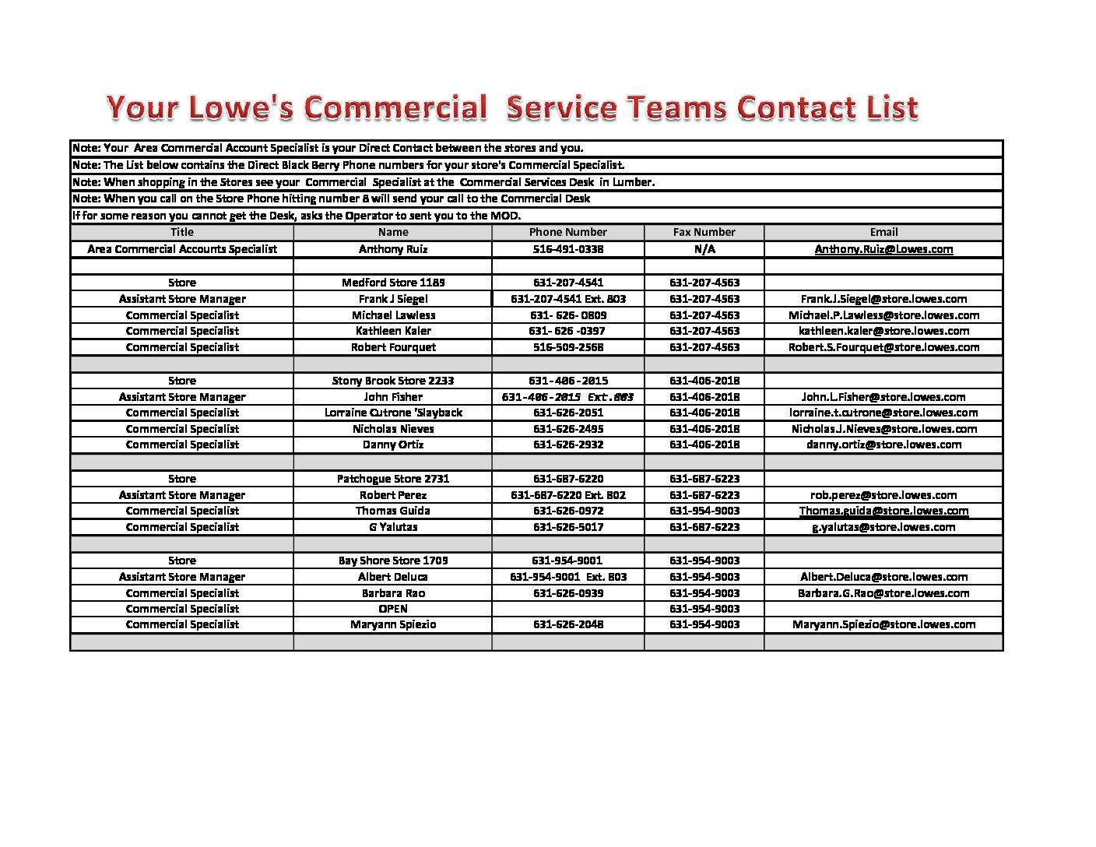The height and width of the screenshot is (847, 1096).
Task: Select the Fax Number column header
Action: (704, 232)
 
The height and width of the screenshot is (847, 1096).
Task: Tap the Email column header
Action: (883, 232)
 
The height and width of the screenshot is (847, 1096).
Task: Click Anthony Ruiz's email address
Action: (883, 249)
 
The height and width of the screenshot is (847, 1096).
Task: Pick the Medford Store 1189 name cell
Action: (393, 283)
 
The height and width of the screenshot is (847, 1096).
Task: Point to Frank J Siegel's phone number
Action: (568, 299)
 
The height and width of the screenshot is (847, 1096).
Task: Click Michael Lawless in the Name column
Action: (393, 315)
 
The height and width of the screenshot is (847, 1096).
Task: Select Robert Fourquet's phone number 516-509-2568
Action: (568, 347)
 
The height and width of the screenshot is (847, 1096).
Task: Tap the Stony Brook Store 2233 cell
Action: (393, 381)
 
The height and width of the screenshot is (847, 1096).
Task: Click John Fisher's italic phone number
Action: (568, 397)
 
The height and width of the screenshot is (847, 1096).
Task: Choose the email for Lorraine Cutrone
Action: (883, 413)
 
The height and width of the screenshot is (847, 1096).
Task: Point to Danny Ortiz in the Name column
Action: (393, 445)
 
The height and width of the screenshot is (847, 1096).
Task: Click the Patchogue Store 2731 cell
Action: (393, 479)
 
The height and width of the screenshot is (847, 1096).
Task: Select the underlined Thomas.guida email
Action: (883, 511)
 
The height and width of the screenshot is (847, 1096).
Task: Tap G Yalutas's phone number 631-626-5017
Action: (568, 527)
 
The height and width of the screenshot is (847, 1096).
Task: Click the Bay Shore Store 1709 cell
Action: (393, 561)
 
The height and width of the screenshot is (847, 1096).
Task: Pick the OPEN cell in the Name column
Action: (393, 609)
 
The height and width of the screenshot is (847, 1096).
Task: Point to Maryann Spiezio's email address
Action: (883, 624)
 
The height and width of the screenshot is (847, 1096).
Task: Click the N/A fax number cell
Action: (704, 249)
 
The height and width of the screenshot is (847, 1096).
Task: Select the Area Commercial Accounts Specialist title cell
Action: (182, 249)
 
